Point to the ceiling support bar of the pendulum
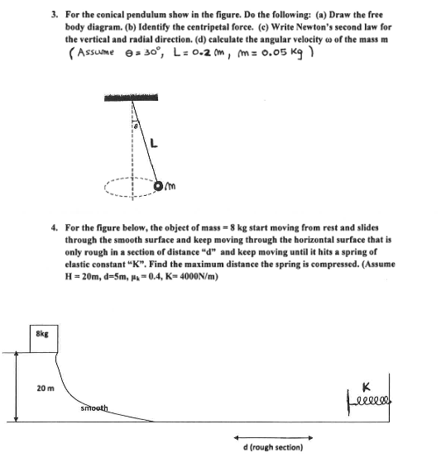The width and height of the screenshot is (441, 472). [133, 99]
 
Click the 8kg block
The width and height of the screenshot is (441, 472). [41, 336]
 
